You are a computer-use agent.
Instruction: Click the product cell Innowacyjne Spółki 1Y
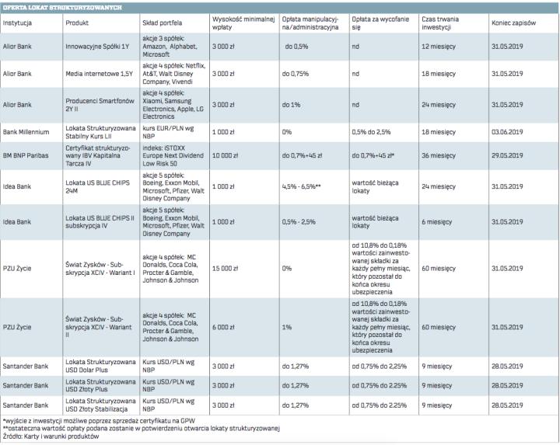(97, 47)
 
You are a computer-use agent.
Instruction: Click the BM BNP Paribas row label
(27, 156)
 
